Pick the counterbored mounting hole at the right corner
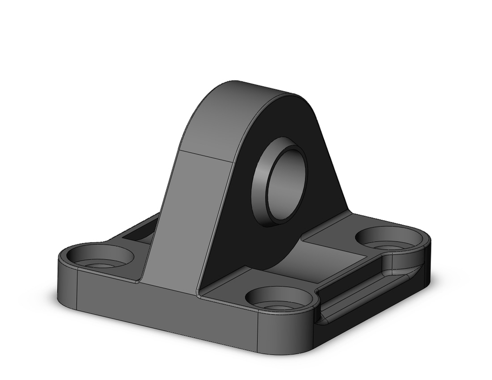tap(389, 238)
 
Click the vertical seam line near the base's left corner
tap(77, 290)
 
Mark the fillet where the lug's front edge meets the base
tap(199, 290)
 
